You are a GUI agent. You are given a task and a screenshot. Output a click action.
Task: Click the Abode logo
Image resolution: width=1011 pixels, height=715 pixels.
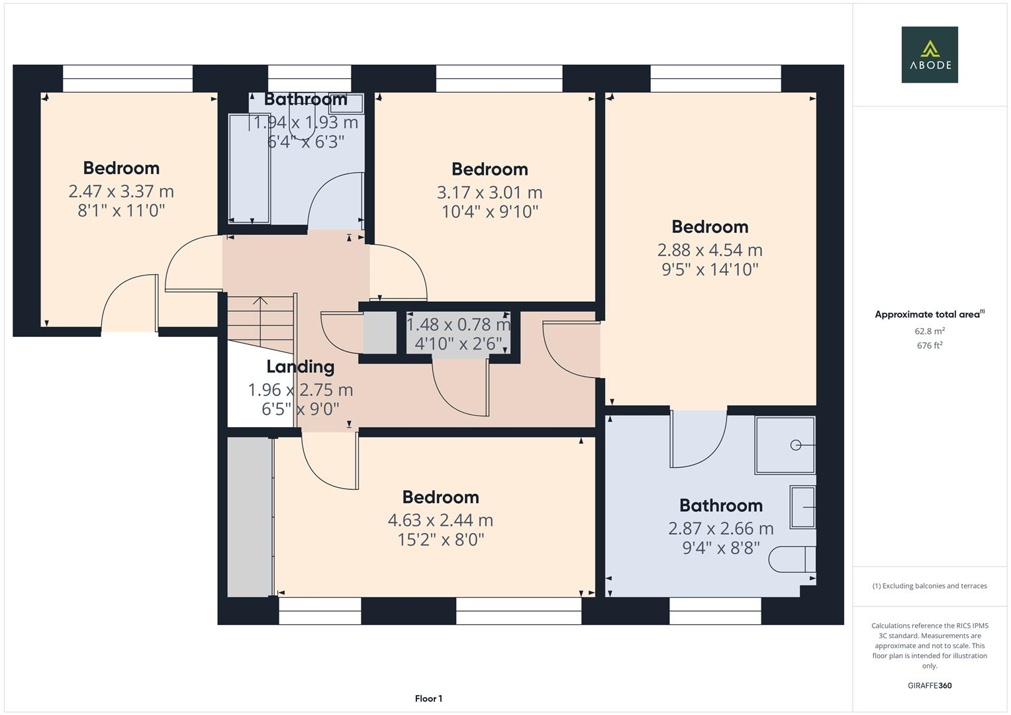click(929, 54)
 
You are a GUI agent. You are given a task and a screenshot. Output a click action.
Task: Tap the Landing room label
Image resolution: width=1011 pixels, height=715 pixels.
click(300, 367)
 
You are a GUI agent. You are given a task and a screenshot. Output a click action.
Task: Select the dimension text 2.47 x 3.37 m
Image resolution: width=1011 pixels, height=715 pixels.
click(121, 191)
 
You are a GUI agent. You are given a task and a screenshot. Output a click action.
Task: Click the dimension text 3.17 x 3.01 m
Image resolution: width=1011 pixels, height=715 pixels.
click(489, 193)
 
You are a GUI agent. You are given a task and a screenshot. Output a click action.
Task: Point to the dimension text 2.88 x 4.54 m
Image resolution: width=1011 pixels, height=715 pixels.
click(710, 250)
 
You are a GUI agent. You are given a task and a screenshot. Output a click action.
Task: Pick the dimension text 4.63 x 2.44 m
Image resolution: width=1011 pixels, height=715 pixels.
click(440, 520)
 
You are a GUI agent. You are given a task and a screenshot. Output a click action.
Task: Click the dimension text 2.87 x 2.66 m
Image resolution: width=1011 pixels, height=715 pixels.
click(720, 528)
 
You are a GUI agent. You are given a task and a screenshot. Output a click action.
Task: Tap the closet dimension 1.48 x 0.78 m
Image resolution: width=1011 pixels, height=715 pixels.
click(458, 324)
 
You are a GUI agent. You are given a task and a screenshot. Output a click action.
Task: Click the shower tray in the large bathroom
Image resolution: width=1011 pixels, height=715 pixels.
click(785, 445)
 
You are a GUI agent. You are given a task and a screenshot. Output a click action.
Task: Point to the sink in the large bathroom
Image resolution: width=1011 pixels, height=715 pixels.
click(802, 507)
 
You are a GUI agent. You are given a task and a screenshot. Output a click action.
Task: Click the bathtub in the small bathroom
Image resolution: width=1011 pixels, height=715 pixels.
click(249, 169)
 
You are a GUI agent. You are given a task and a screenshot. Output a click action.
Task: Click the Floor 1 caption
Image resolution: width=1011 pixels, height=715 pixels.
click(428, 698)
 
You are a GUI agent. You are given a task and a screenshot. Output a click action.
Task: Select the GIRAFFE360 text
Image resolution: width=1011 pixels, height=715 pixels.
click(929, 685)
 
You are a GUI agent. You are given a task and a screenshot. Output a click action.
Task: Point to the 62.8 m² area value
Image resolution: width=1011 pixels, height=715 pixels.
click(929, 331)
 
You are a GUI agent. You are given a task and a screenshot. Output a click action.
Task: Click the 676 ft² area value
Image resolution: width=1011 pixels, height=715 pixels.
click(929, 346)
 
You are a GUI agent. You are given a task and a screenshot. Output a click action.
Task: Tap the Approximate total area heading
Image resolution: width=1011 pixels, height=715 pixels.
click(929, 314)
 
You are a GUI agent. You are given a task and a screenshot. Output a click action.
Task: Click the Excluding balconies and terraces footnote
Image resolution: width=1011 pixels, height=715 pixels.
click(929, 586)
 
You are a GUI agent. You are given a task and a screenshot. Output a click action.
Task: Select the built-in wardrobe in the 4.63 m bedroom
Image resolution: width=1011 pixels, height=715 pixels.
click(250, 516)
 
